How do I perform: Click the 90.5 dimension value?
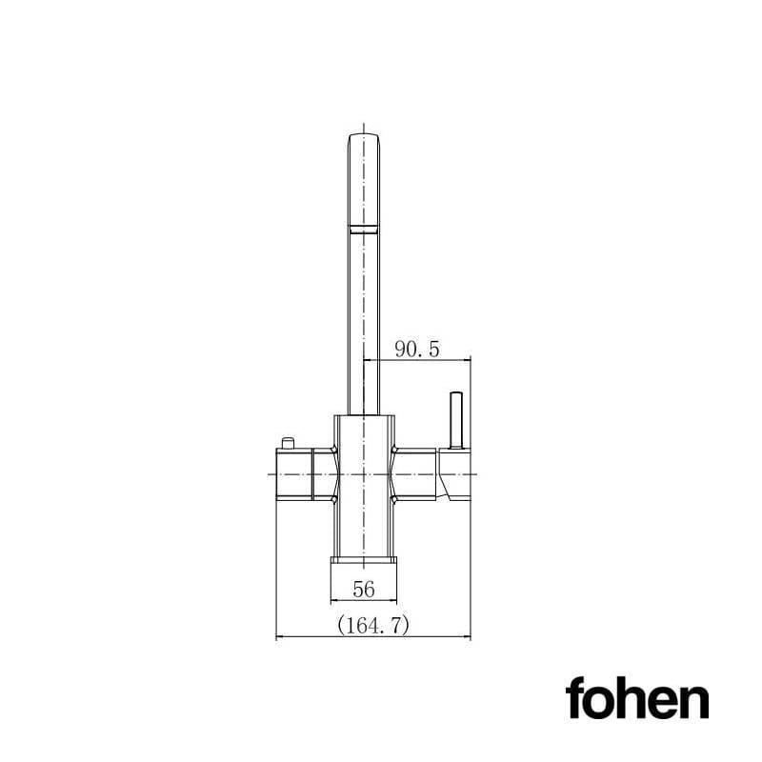(417, 350)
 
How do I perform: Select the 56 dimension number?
(363, 590)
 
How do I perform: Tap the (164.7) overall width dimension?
(372, 625)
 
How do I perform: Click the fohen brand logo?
(636, 699)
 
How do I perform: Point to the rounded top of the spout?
(366, 139)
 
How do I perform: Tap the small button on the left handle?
(287, 440)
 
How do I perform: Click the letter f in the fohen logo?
(575, 698)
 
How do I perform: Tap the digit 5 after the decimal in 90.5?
(434, 350)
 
